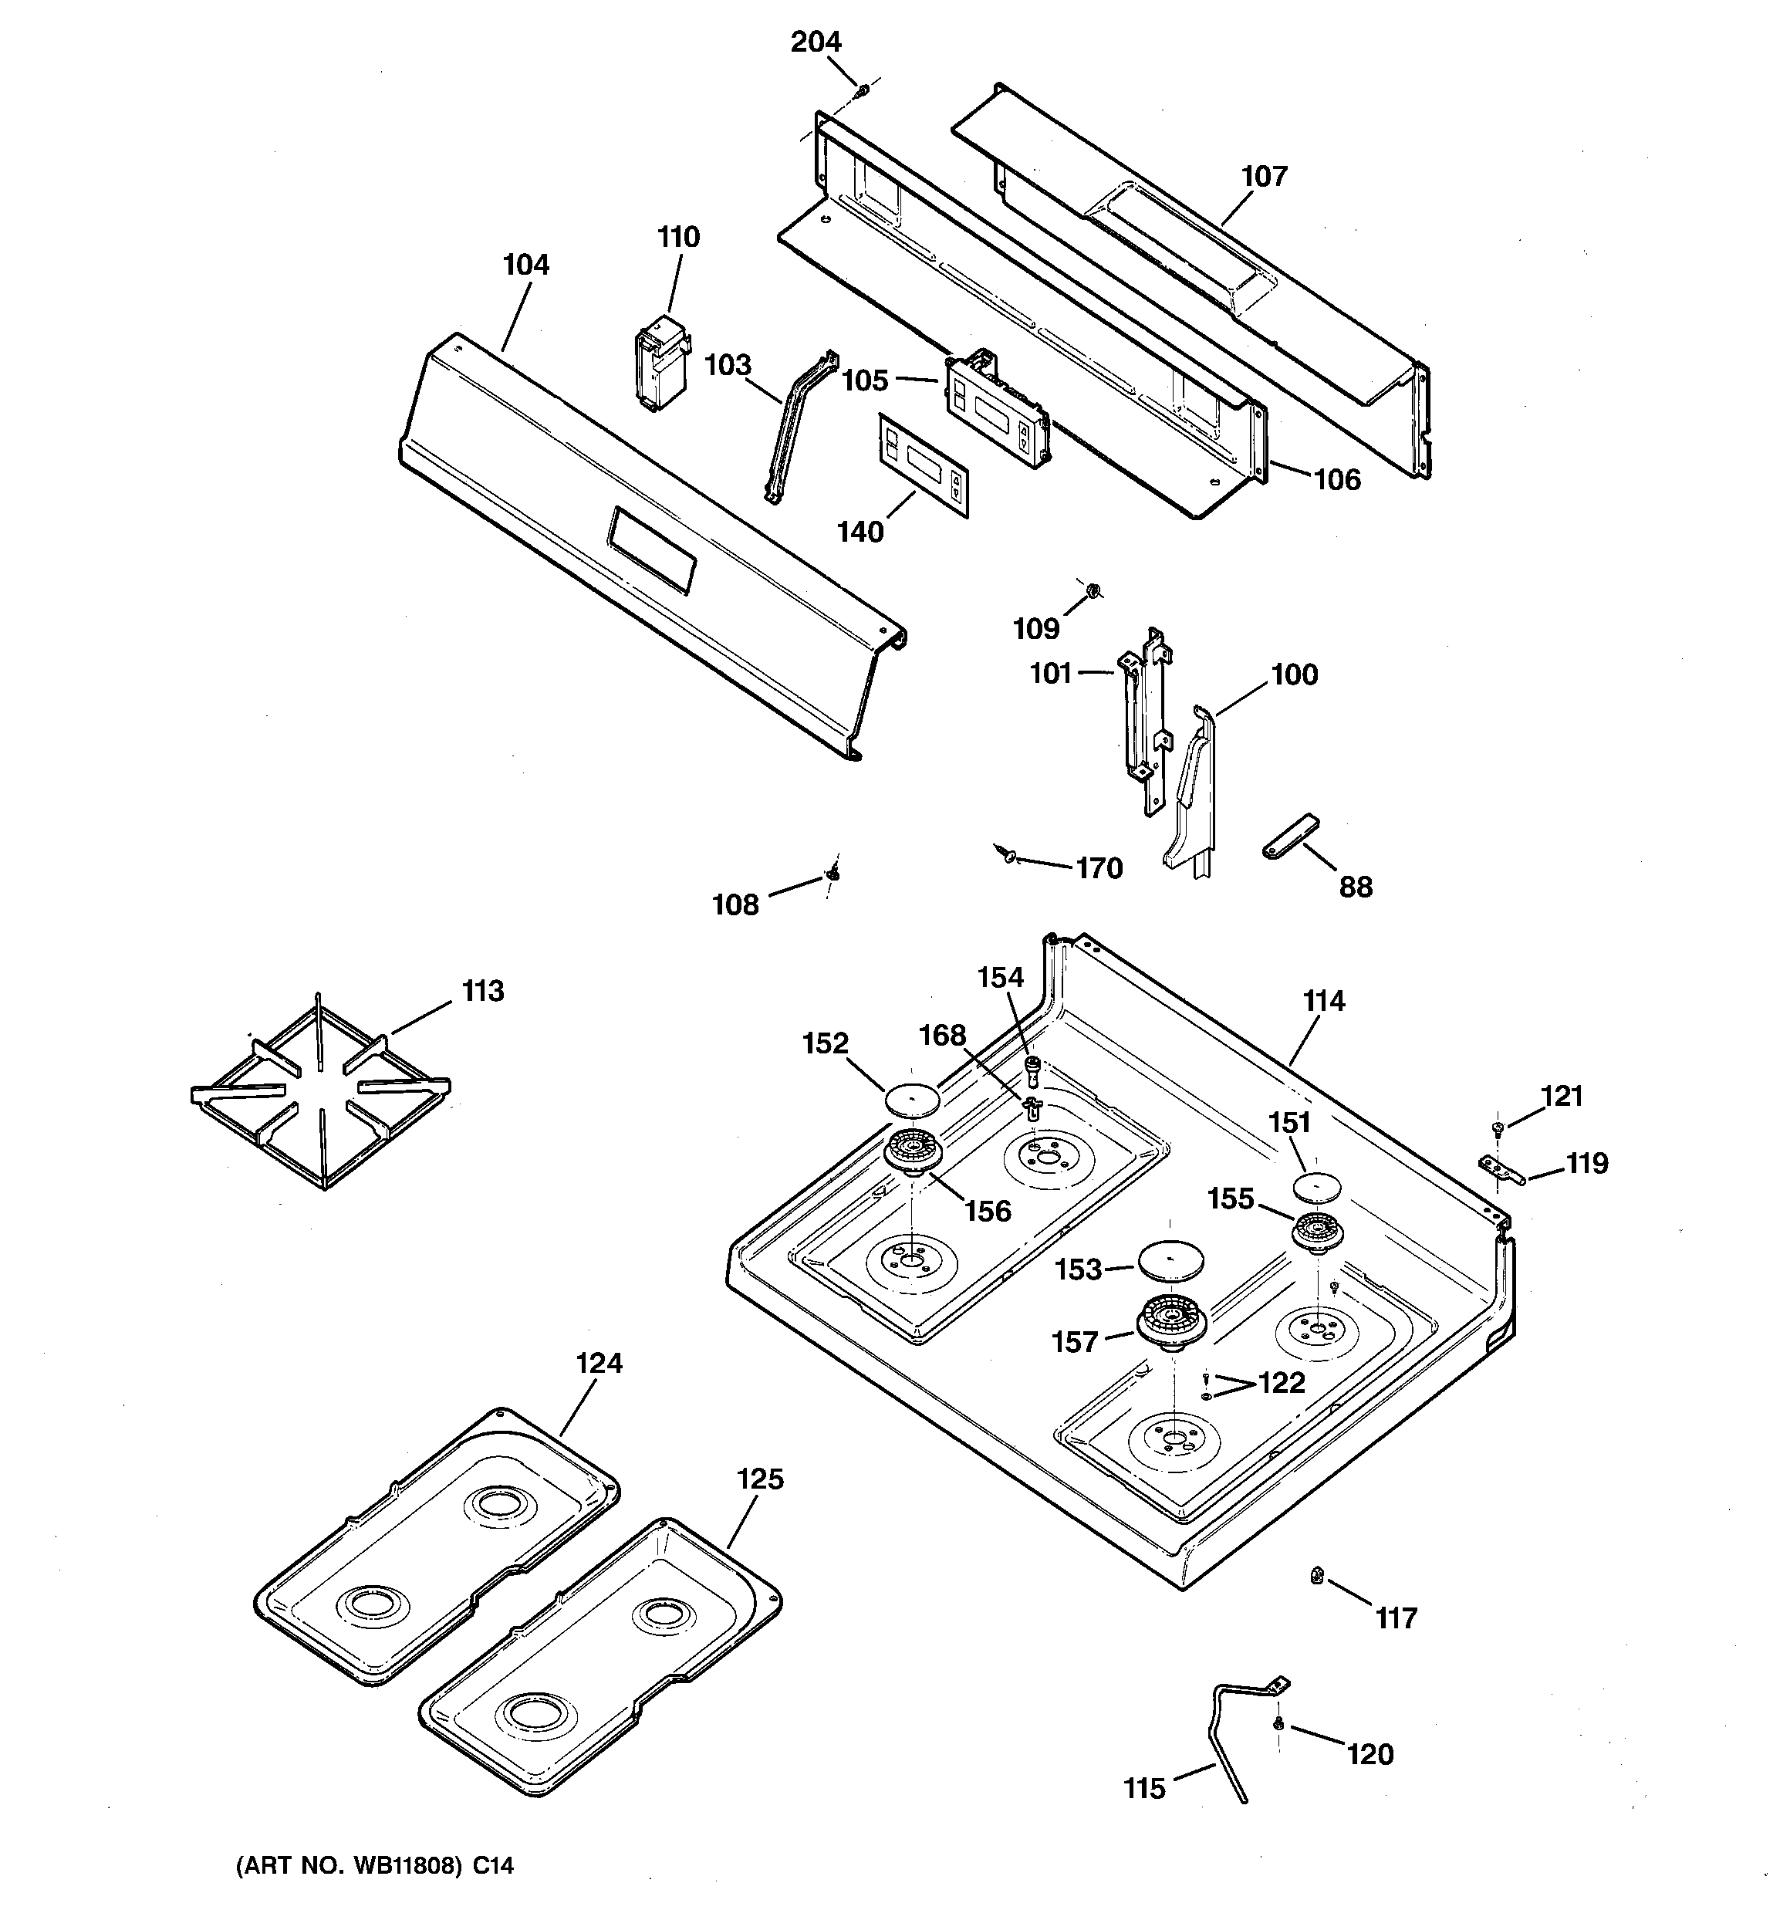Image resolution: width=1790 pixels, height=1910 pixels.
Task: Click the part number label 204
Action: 815,42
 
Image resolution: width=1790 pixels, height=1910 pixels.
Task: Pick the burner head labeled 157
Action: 1174,1322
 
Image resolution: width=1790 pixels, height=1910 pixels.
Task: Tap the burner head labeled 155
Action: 1316,1230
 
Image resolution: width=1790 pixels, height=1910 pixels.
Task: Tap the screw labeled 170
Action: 1006,852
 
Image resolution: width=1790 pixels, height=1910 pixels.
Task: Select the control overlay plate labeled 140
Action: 922,465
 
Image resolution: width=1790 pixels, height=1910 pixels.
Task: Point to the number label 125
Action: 760,1479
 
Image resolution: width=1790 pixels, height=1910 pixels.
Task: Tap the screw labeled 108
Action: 832,875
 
